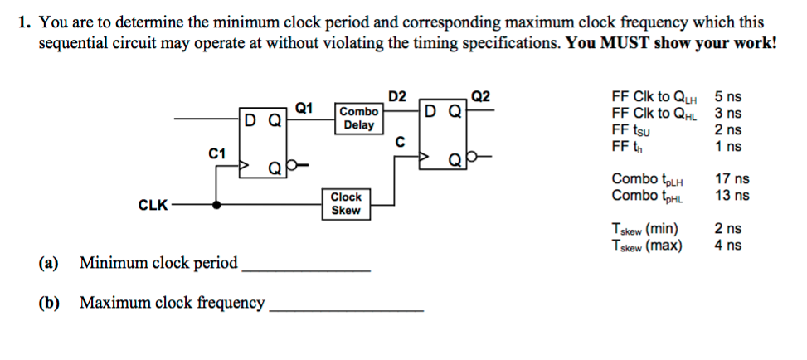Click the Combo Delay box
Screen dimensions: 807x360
[359, 118]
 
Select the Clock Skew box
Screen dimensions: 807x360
[346, 204]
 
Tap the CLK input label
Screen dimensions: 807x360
[153, 206]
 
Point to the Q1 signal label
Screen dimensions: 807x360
[304, 108]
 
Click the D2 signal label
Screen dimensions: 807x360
[396, 96]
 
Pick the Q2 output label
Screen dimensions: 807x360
[481, 96]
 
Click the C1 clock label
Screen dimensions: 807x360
[216, 153]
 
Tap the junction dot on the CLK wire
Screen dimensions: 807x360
[217, 205]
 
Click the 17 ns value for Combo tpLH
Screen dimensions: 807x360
[732, 179]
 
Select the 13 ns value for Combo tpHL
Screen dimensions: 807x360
[732, 196]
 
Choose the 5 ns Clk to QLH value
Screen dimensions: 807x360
[728, 96]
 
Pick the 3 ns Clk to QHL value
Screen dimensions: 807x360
[728, 113]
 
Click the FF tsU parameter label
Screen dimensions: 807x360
[631, 130]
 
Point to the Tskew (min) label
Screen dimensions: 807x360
[644, 229]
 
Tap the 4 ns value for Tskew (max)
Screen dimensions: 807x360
[728, 246]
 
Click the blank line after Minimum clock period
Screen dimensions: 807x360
[306, 270]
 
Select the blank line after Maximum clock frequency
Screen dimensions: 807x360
[347, 310]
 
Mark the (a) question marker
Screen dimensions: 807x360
[49, 263]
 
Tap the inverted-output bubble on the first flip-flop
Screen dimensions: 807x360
[291, 165]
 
